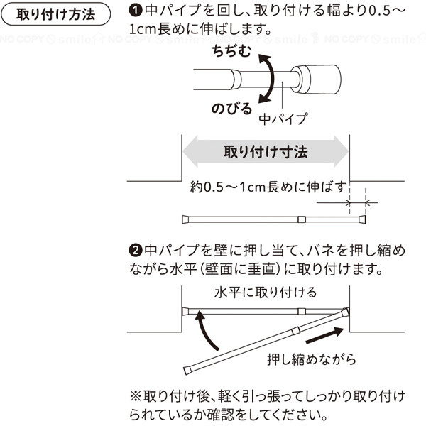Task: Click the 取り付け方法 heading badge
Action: [x=56, y=14]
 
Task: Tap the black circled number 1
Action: [x=136, y=11]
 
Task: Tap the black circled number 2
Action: [x=136, y=250]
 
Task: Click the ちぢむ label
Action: [x=231, y=51]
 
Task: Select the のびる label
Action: [x=231, y=109]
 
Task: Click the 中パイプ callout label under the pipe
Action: [x=283, y=119]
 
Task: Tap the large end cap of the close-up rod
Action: [x=317, y=80]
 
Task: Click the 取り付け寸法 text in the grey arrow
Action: [x=266, y=152]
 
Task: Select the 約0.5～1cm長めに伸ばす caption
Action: [x=268, y=187]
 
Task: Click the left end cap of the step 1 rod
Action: [x=185, y=219]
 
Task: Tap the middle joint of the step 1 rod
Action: [x=302, y=219]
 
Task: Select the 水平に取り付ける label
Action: [x=266, y=293]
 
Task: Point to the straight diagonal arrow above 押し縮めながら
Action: [x=325, y=335]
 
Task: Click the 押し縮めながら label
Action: [x=312, y=359]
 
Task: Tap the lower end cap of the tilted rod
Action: [x=187, y=371]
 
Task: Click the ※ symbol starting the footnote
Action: [x=136, y=397]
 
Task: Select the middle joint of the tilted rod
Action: [x=295, y=331]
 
